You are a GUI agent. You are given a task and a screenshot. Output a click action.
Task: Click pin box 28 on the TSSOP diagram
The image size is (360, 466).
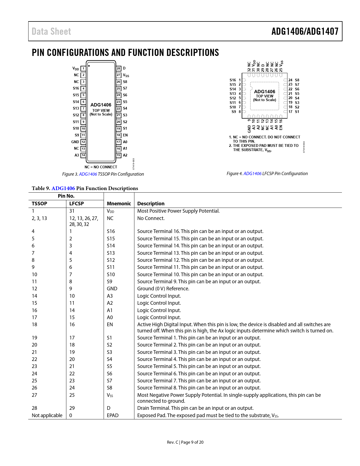[x=119, y=68]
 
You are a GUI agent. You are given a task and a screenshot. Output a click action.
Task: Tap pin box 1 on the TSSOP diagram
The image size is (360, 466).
[x=83, y=68]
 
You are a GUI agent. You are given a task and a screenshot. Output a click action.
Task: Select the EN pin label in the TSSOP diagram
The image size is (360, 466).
[x=125, y=135]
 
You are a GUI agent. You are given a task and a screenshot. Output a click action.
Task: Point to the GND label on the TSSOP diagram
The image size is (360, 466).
[x=75, y=142]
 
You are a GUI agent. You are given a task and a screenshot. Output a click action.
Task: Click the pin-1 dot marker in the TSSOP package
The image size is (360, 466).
[x=89, y=66]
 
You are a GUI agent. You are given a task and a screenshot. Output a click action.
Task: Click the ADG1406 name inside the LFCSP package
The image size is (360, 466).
[x=265, y=92]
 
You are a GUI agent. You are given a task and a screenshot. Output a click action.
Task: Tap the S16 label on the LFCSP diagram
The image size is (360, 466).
[x=233, y=80]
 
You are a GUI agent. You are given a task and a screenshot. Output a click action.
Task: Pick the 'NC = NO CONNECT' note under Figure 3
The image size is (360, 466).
[x=101, y=167]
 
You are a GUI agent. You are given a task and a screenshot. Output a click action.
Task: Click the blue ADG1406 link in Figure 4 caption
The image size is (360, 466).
[x=252, y=174]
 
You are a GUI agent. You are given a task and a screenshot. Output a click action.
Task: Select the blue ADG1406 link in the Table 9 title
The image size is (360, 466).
[x=63, y=188]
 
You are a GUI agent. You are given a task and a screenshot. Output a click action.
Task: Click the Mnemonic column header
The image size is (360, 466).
[x=119, y=204]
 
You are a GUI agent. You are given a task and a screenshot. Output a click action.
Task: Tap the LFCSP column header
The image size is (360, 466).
[x=77, y=204]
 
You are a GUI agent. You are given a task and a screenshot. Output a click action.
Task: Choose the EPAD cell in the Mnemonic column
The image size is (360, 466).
[x=113, y=415]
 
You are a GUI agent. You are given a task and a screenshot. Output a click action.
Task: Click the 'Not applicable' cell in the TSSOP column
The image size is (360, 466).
[x=47, y=415]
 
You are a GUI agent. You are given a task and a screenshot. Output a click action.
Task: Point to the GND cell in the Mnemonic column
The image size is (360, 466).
[x=112, y=289]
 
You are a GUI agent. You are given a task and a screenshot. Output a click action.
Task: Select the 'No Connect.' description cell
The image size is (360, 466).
[x=151, y=218]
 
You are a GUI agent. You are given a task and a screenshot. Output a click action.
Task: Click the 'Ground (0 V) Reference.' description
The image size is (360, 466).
[x=163, y=289]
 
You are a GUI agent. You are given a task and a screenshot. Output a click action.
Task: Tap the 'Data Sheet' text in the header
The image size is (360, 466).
[x=51, y=31]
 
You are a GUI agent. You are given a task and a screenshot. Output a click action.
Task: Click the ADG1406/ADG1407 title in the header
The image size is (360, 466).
[x=305, y=31]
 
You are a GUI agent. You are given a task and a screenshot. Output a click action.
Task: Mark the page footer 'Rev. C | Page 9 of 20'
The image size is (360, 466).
[x=185, y=442]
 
